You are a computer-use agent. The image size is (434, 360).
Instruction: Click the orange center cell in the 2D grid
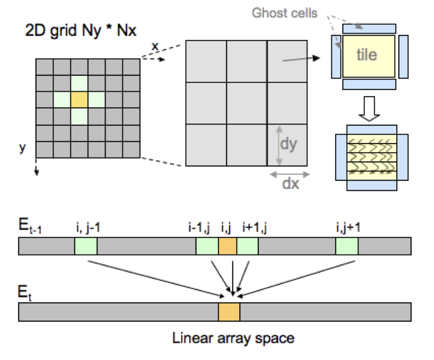click(x=79, y=99)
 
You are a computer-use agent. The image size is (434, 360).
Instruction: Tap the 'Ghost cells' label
click(x=284, y=13)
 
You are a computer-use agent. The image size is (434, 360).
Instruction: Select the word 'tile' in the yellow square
click(x=367, y=55)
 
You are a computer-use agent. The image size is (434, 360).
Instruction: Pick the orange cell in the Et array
click(x=229, y=312)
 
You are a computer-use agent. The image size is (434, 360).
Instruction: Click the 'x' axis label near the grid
click(x=154, y=46)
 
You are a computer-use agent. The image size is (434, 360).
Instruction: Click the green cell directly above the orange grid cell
click(x=79, y=83)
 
